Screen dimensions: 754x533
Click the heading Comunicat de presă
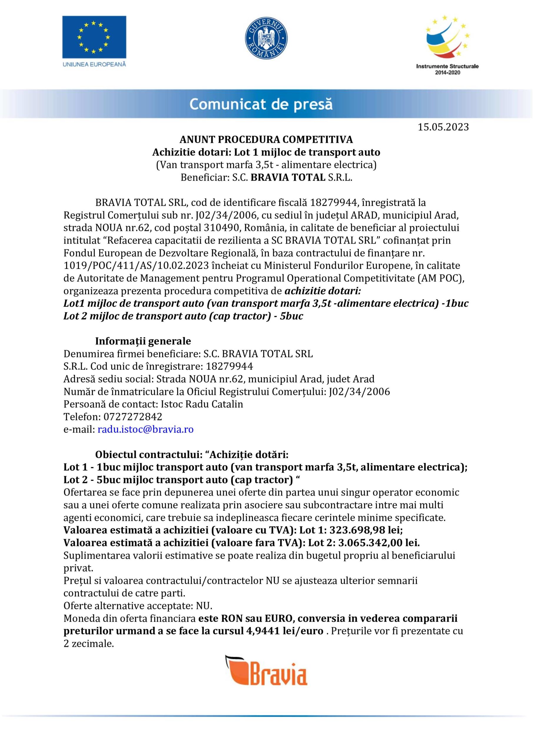click(261, 105)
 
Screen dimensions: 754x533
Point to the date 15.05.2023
click(443, 127)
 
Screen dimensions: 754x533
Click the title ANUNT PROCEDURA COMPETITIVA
click(266, 140)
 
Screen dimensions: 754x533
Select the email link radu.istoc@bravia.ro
click(145, 429)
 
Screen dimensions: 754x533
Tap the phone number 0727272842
click(133, 417)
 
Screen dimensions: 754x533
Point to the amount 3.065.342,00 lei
click(379, 543)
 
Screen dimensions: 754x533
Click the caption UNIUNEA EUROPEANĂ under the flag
click(94, 65)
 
